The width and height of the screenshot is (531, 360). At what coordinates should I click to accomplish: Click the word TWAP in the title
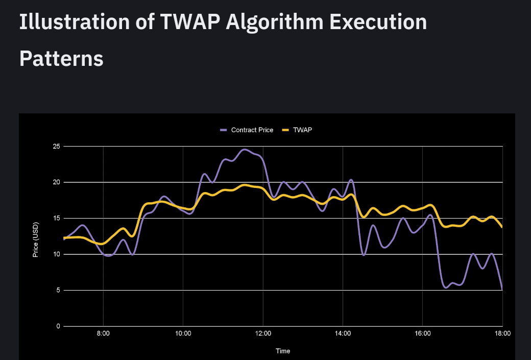[190, 21]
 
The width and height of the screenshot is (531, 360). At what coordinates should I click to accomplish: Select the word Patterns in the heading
[61, 59]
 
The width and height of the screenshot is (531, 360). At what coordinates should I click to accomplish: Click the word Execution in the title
[378, 21]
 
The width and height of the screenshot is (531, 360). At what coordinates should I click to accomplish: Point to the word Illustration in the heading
[75, 21]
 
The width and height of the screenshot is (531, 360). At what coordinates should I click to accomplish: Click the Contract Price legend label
[252, 130]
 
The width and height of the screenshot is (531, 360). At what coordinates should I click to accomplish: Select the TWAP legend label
[302, 130]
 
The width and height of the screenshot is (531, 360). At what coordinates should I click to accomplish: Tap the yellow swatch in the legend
[285, 130]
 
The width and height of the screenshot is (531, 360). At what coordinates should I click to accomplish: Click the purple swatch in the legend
[224, 130]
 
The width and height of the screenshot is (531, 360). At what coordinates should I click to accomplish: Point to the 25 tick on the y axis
[56, 147]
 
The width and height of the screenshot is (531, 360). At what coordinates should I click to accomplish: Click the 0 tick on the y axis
[58, 326]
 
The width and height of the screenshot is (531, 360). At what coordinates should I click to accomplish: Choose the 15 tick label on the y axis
[56, 218]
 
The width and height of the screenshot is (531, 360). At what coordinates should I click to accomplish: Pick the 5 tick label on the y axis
[58, 290]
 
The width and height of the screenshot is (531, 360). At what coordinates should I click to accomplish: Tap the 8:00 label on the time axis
[103, 333]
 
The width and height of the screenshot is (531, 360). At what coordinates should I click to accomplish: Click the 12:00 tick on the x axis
[263, 333]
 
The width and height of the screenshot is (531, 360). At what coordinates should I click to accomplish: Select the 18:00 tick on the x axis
[502, 333]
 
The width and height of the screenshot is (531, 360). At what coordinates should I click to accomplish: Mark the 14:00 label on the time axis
[343, 333]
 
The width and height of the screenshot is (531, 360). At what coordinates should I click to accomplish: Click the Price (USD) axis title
[36, 240]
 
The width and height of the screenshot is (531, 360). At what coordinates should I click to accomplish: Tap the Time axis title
[283, 351]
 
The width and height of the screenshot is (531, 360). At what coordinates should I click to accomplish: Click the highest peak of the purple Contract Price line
[245, 149]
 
